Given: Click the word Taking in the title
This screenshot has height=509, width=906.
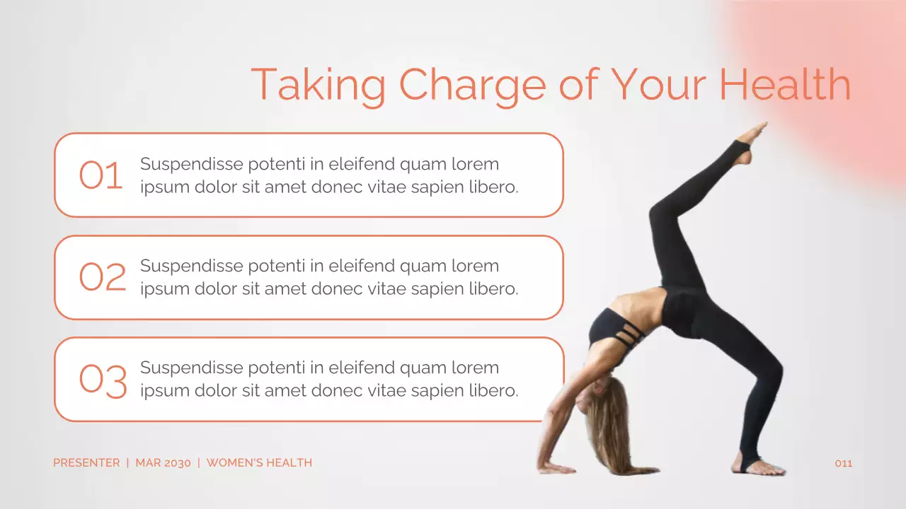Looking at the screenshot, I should (318, 85).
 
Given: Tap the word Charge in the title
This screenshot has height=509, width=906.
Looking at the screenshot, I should (472, 85).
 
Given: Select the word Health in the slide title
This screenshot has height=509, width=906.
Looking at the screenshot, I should (784, 84).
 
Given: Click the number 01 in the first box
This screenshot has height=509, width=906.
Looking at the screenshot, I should (101, 175).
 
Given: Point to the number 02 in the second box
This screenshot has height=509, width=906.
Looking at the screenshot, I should (102, 277).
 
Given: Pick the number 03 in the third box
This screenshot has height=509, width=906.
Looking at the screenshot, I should (103, 380).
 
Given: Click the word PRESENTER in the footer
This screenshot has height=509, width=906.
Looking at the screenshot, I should (86, 463).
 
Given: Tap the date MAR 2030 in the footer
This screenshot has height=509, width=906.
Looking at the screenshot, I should (163, 463).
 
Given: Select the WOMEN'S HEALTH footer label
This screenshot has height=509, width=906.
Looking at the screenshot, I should (259, 463).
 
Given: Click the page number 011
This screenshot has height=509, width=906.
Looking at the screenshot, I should (844, 464).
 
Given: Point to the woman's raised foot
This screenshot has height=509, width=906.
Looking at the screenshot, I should (748, 142).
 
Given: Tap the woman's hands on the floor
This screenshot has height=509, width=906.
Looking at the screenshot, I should (556, 467).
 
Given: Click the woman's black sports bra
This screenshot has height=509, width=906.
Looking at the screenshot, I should (612, 329).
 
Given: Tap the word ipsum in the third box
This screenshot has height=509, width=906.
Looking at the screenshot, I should (162, 391).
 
